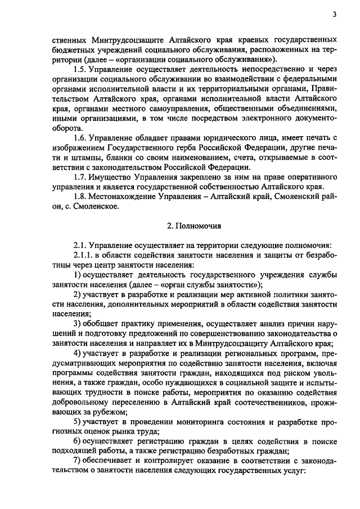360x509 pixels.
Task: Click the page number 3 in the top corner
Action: (x=335, y=15)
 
